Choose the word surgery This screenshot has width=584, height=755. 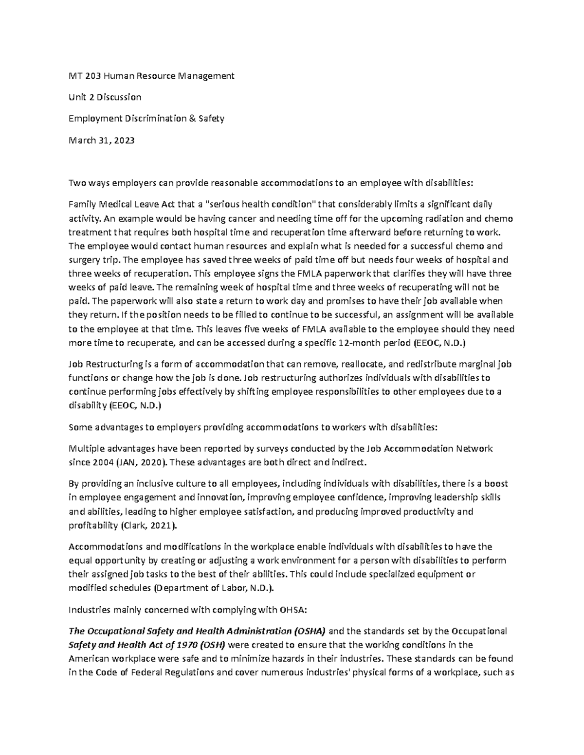click(84, 260)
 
